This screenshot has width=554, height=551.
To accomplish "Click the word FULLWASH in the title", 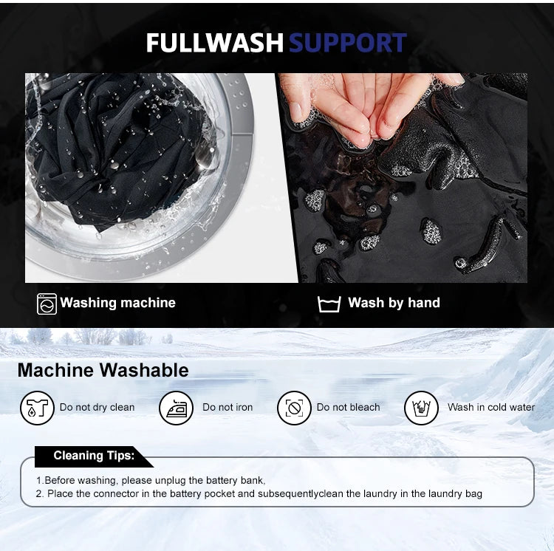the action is [x=215, y=43].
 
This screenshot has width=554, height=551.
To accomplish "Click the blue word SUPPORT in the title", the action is [x=348, y=43].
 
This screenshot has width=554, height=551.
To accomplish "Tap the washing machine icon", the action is [x=47, y=304].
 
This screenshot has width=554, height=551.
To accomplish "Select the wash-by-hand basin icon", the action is [x=329, y=304].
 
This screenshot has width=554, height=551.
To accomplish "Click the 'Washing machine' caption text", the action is [x=117, y=303].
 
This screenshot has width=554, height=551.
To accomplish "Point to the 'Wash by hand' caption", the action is [x=394, y=303].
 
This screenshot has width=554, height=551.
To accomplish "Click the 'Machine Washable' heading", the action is [x=103, y=370].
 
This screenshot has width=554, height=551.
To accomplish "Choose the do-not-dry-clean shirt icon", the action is [x=37, y=408].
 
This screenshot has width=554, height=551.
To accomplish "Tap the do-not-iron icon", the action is [x=176, y=408].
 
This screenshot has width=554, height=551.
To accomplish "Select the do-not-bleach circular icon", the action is [x=294, y=408].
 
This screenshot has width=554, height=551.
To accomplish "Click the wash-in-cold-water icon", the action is [x=421, y=408].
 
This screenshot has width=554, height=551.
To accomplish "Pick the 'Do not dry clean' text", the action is [x=98, y=407].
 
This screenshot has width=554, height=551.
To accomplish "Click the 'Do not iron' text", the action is [x=228, y=407].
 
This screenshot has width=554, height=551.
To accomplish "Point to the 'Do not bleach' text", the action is [x=348, y=407].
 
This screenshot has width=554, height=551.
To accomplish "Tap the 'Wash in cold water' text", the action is [x=491, y=407].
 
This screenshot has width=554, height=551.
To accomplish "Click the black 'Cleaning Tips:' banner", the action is [x=94, y=456].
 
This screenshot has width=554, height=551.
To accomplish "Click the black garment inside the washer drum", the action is [x=120, y=148].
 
